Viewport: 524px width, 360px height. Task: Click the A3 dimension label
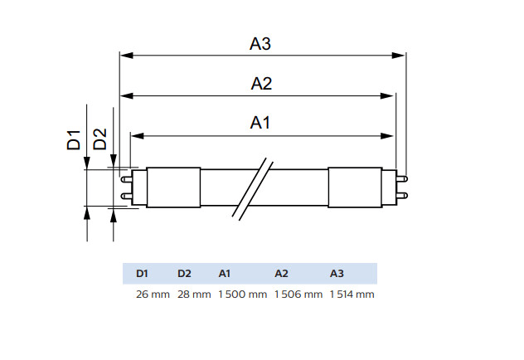click(260, 44)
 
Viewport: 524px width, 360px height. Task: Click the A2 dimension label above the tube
click(261, 84)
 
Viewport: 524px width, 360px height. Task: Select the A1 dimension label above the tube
click(261, 123)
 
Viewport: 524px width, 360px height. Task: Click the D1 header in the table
click(141, 274)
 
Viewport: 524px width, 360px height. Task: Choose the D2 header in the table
click(184, 274)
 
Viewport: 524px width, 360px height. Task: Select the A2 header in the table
click(282, 274)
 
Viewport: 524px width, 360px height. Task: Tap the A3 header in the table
click(337, 274)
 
